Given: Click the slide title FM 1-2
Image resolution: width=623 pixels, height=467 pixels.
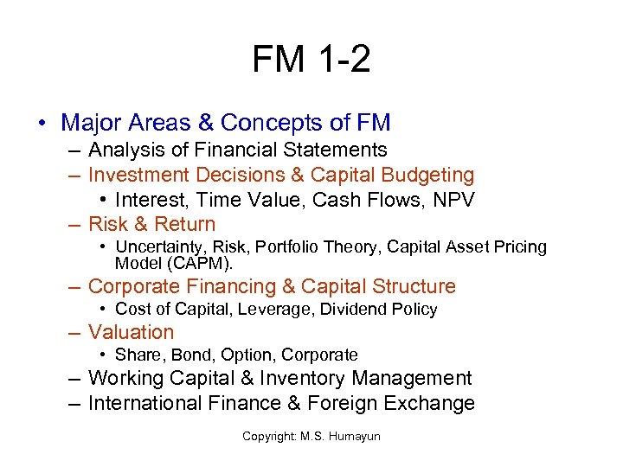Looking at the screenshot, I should tap(311, 59).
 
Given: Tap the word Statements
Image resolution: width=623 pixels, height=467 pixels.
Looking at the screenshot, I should tap(341, 150).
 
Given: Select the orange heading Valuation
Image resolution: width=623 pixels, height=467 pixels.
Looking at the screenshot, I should tap(132, 332).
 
